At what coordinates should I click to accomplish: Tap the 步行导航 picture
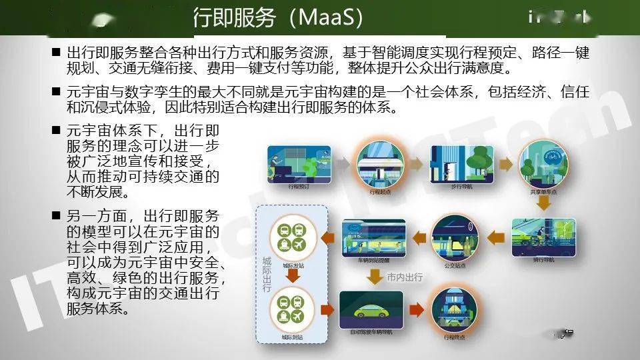461,163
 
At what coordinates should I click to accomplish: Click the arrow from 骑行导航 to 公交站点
497,237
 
